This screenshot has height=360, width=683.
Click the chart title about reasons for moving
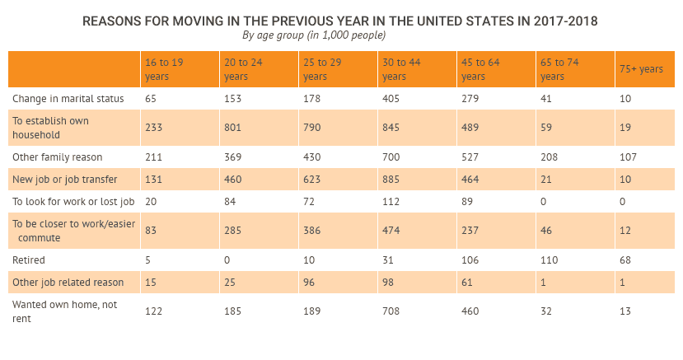tap(340, 20)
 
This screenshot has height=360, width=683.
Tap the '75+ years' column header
tap(641, 70)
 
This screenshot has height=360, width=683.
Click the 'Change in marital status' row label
tap(68, 99)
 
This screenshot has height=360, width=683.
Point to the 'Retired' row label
tap(29, 260)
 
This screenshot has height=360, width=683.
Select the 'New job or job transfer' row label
tap(65, 180)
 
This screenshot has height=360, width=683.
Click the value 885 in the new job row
tap(392, 180)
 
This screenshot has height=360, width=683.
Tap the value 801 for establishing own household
tap(234, 128)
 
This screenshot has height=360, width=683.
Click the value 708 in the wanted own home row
tap(391, 311)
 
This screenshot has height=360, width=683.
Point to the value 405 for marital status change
tap(392, 99)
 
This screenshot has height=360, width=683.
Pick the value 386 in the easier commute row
tap(313, 231)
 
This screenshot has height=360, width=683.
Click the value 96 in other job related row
tap(310, 283)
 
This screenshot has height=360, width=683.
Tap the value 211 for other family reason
tap(154, 157)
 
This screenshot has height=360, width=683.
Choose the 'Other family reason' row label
tap(56, 157)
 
